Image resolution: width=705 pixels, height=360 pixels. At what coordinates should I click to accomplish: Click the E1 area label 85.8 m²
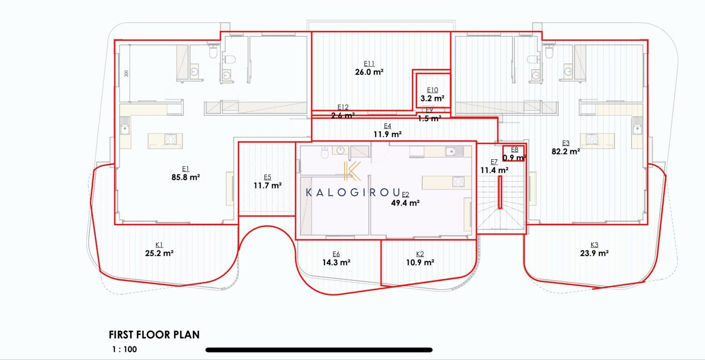coord(187,176)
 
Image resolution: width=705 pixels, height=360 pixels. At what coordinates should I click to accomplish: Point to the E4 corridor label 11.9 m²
coord(387,133)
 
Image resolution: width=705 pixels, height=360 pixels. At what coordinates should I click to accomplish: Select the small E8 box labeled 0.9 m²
coord(514,157)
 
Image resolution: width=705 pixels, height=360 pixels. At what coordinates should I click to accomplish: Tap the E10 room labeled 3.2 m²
coord(432,98)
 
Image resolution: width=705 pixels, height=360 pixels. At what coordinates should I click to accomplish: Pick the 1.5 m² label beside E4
coord(429,118)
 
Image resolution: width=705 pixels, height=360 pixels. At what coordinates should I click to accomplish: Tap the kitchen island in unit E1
coord(166,141)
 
